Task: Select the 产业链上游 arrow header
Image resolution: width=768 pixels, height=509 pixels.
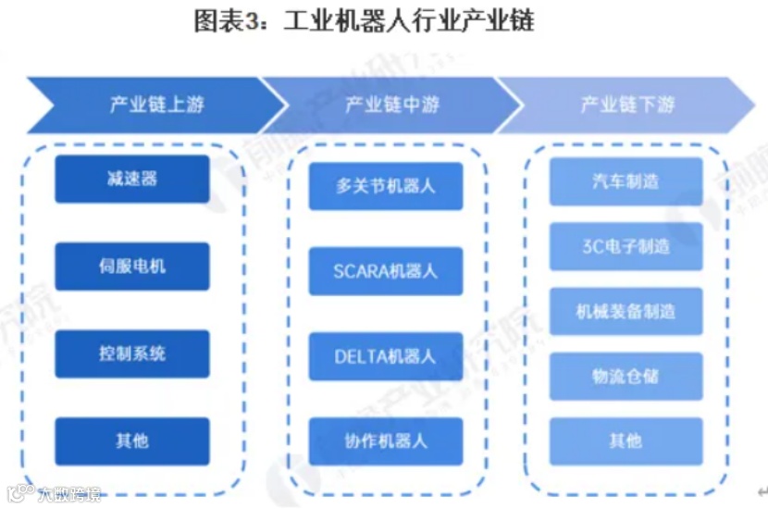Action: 148,105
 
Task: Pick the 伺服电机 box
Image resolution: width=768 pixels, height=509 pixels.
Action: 132,267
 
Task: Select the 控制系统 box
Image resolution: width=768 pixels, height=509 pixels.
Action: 132,354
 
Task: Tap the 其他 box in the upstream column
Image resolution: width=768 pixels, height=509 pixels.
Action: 132,441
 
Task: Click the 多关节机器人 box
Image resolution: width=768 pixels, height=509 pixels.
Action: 386,186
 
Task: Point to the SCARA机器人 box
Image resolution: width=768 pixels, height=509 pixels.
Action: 386,271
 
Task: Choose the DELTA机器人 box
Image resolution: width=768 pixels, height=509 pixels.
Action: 386,356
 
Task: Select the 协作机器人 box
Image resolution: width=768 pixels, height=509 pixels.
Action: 386,441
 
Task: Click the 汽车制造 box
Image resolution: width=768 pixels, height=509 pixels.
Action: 626,181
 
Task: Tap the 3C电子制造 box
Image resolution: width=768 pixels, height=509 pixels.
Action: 626,246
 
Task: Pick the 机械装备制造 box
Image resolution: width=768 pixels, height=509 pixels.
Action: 626,312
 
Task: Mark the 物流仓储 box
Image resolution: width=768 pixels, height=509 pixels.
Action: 626,377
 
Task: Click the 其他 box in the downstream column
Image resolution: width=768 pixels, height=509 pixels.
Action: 626,441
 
